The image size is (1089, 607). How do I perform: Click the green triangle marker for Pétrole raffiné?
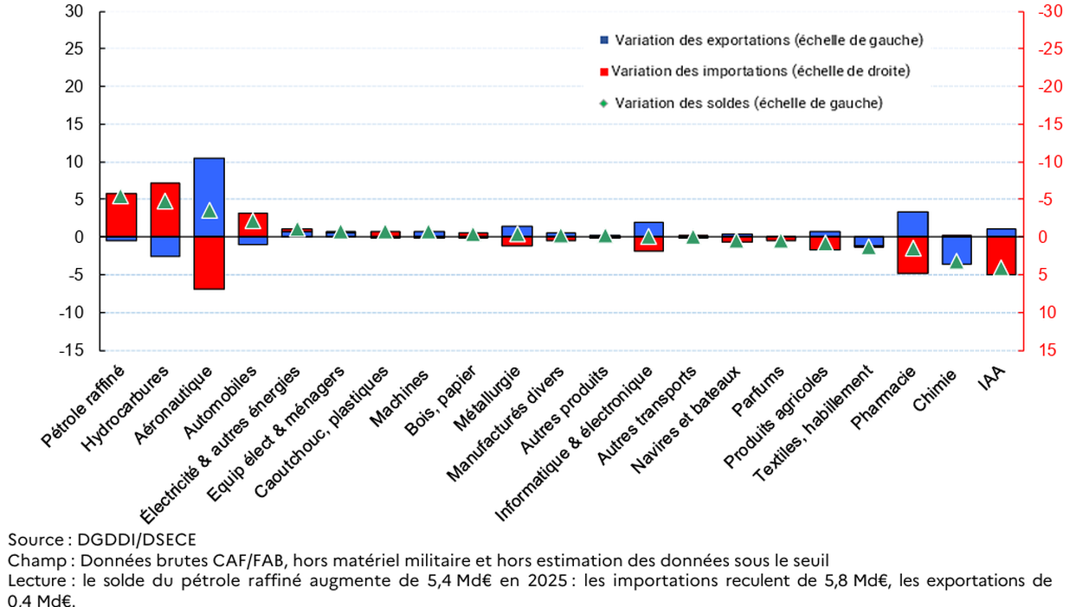pos(120,196)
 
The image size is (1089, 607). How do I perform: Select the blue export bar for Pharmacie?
pos(912,224)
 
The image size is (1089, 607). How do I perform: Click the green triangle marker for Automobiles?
pos(254,220)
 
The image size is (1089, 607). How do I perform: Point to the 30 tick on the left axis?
pos(74,12)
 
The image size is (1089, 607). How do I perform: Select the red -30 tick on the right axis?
pos(1053,12)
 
